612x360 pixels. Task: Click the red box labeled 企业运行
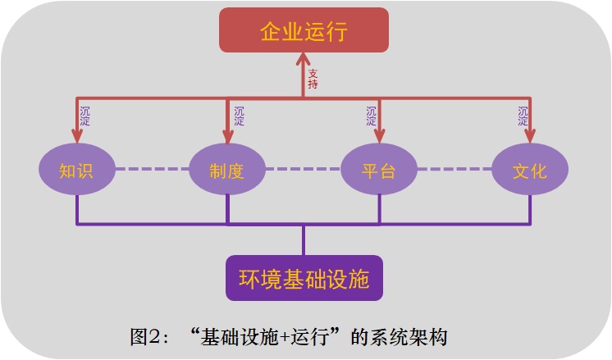[304, 31]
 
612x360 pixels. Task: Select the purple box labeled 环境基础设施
[304, 278]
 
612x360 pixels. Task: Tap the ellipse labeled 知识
[76, 171]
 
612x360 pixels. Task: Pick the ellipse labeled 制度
[227, 171]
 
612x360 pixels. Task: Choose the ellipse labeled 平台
[379, 171]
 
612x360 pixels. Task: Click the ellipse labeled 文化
[529, 171]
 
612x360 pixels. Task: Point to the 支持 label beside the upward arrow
[313, 79]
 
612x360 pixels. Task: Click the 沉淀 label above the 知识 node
[84, 116]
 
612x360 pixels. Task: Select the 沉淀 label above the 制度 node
[239, 116]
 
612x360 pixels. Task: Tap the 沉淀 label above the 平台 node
[372, 116]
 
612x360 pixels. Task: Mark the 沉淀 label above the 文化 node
[523, 116]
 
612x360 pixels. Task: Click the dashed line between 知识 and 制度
[152, 171]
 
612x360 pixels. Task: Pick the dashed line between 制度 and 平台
[304, 171]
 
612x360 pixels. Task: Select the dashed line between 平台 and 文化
[454, 171]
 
